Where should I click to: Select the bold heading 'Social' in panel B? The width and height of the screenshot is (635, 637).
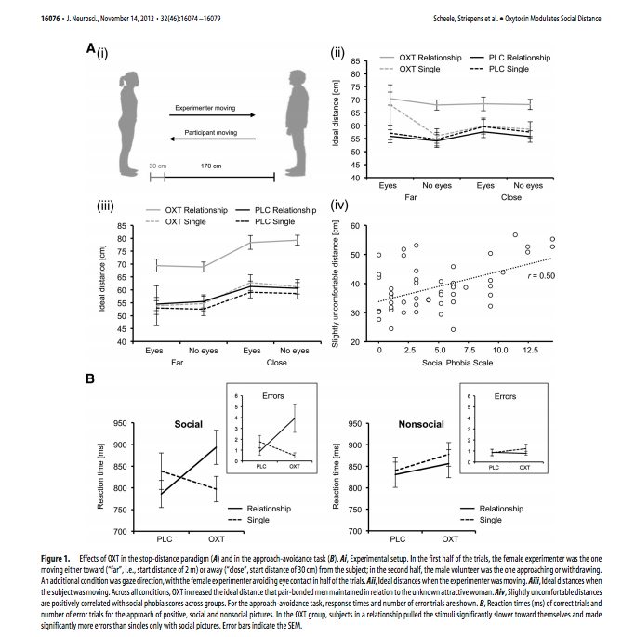pyautogui.click(x=189, y=423)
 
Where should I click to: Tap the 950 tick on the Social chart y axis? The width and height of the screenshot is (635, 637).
pyautogui.click(x=144, y=424)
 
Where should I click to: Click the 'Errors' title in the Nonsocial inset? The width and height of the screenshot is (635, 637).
pyautogui.click(x=505, y=397)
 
